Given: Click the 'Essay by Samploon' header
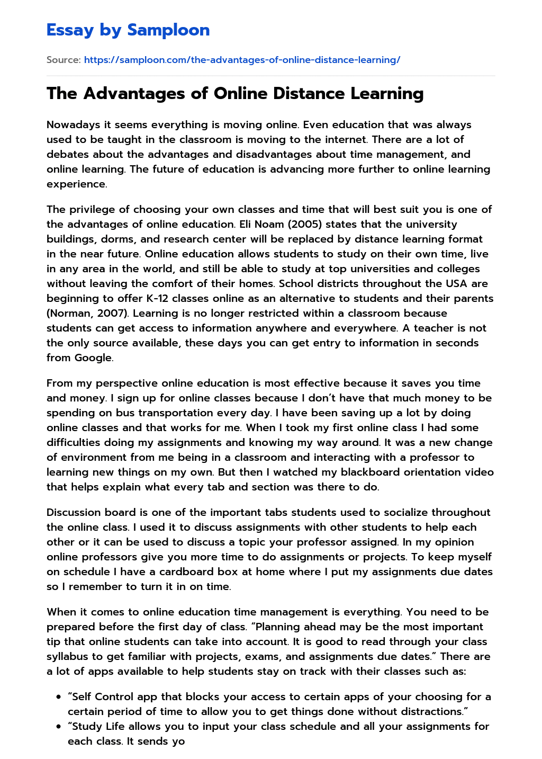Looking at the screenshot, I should [128, 30].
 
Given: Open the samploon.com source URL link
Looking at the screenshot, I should [242, 60].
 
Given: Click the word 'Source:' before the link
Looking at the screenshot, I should [64, 60].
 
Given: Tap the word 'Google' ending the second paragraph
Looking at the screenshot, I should [93, 358].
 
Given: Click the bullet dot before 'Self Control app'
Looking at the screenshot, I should [58, 697].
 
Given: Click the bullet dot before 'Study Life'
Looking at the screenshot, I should [58, 727].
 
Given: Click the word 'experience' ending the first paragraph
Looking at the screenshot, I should [76, 184].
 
